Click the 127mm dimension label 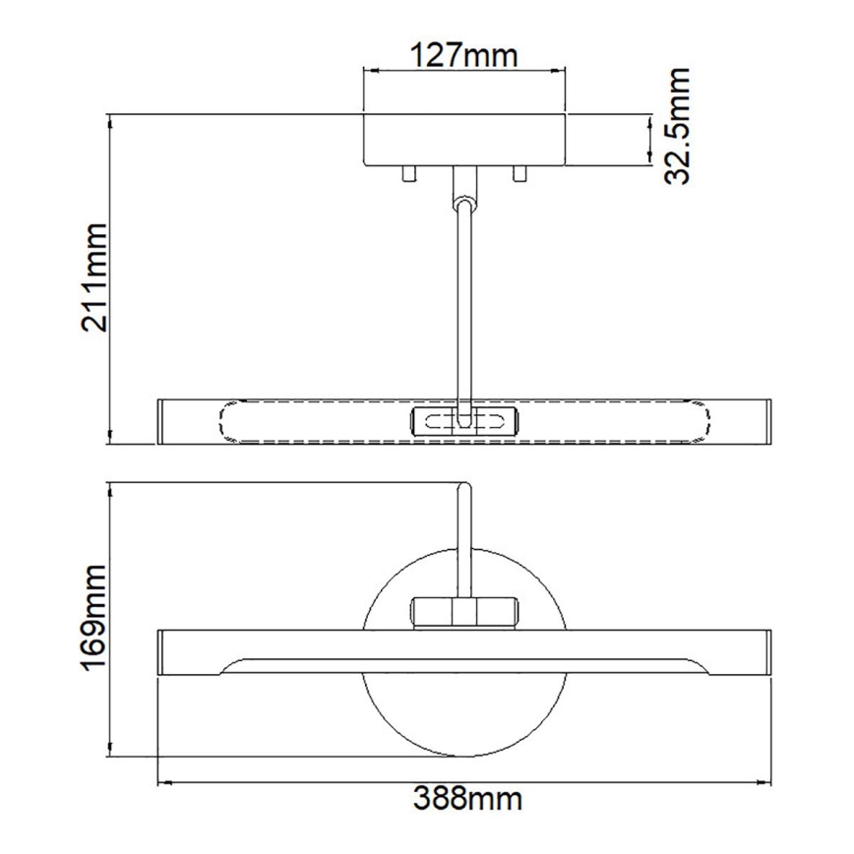[x=463, y=54]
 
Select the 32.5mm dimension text [x=677, y=126]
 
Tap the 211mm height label [x=95, y=277]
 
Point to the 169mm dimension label [x=95, y=617]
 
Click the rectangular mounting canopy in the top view [x=463, y=140]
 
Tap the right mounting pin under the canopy [x=519, y=174]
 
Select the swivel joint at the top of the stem [x=463, y=202]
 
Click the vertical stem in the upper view [x=463, y=305]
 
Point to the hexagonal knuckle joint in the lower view [x=463, y=611]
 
